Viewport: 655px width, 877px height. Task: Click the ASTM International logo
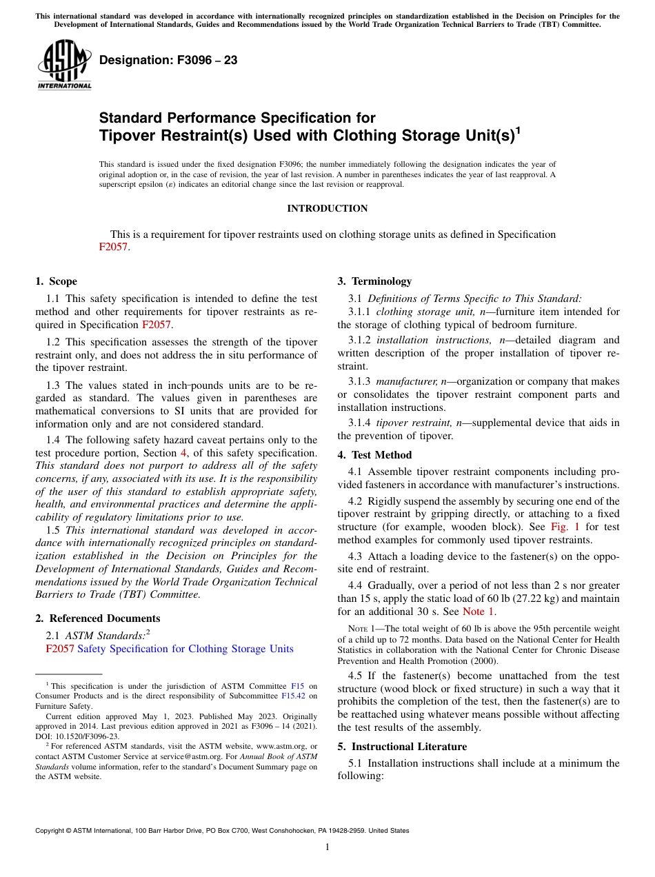(x=64, y=65)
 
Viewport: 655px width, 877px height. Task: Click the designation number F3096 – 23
(x=168, y=60)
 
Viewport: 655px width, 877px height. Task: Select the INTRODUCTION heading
(x=327, y=208)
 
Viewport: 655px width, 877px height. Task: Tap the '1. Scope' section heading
(x=56, y=281)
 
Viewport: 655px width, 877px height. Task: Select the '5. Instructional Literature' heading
(x=402, y=747)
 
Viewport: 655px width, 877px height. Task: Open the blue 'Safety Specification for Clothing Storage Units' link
(x=185, y=649)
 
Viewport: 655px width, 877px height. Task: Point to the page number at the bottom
(x=327, y=847)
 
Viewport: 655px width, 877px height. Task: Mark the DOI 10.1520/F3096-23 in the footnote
(x=74, y=736)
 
